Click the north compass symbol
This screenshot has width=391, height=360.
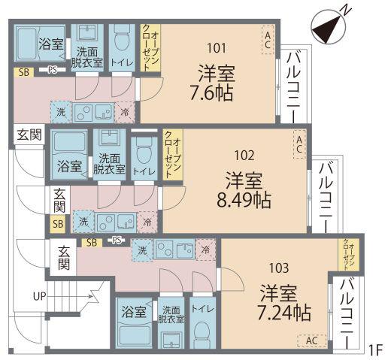pyautogui.click(x=329, y=28)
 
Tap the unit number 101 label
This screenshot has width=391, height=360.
pyautogui.click(x=217, y=48)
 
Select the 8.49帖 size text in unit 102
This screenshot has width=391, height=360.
pyautogui.click(x=244, y=201)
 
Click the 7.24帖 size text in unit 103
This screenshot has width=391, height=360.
pyautogui.click(x=283, y=313)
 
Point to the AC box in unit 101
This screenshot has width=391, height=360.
pyautogui.click(x=268, y=40)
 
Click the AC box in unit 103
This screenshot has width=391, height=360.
pyautogui.click(x=312, y=340)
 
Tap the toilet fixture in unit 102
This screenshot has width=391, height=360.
pyautogui.click(x=144, y=153)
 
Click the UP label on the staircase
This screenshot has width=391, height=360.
pyautogui.click(x=40, y=296)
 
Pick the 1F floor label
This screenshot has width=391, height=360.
pyautogui.click(x=376, y=350)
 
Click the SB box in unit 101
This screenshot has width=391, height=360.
pyautogui.click(x=24, y=72)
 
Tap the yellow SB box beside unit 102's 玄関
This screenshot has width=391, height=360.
pyautogui.click(x=58, y=223)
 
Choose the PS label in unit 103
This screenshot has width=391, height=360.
pyautogui.click(x=117, y=241)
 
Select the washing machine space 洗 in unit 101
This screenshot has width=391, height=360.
pyautogui.click(x=61, y=112)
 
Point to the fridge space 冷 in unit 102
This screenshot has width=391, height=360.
pyautogui.click(x=147, y=222)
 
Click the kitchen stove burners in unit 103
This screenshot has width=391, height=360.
pyautogui.click(x=165, y=249)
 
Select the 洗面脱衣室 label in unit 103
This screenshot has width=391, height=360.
pyautogui.click(x=171, y=315)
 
